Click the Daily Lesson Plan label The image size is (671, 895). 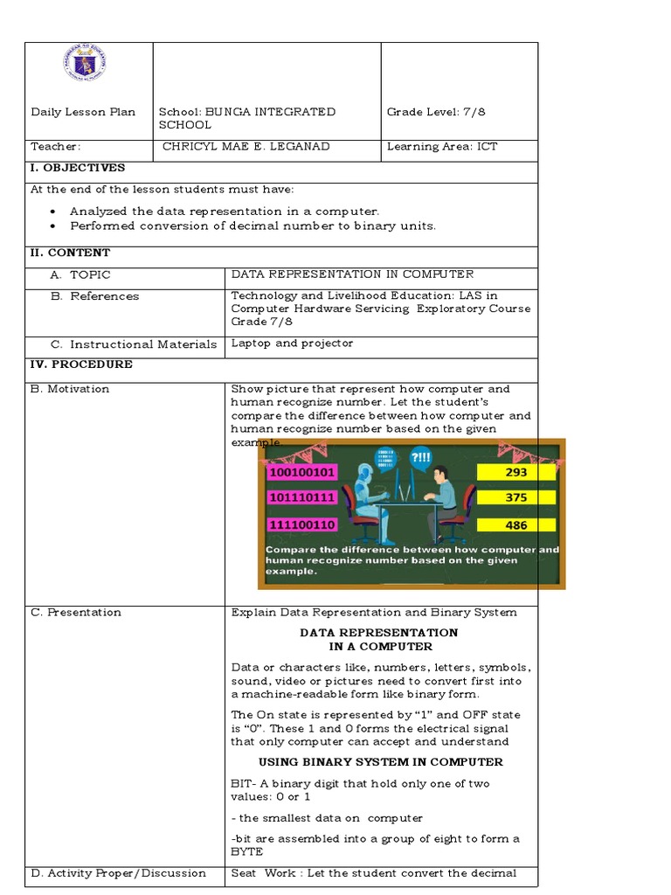click(x=83, y=112)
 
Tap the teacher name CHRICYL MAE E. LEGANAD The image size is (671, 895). click(x=246, y=146)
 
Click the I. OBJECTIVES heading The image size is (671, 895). click(x=78, y=168)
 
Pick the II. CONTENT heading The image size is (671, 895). click(x=70, y=253)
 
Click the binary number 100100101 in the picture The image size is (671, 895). click(x=301, y=472)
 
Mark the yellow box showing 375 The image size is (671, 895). click(x=516, y=497)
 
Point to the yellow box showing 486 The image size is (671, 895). click(x=516, y=524)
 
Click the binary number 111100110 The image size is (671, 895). click(x=301, y=524)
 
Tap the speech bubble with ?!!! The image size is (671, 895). click(x=421, y=457)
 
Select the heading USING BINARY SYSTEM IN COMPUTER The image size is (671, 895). click(x=380, y=762)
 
